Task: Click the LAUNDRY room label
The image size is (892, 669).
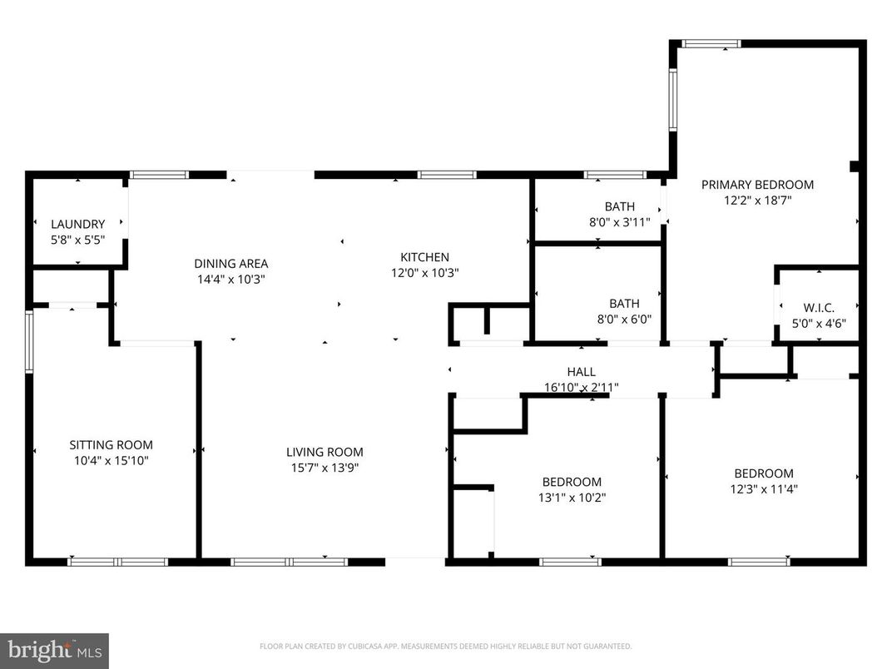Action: coord(77,224)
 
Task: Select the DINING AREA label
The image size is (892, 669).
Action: coord(230,264)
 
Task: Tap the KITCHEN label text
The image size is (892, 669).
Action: coord(424,257)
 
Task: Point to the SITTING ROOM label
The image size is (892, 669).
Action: coord(111,445)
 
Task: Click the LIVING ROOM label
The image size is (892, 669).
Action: coord(325,452)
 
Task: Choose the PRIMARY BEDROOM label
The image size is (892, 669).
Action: coord(757,185)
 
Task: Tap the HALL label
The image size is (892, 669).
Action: coord(581,372)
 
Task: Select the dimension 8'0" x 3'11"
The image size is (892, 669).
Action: coord(619,222)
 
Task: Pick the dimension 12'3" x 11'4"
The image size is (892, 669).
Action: coord(763,489)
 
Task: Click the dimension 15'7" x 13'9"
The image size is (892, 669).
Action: coord(325,467)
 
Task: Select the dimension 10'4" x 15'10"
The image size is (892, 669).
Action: coord(111,460)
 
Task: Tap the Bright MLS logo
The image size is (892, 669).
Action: coord(54,649)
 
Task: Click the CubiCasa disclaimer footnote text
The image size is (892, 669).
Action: coord(445,646)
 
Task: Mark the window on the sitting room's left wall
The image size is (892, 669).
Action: coord(29,340)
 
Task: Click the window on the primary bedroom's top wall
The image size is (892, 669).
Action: coord(711,43)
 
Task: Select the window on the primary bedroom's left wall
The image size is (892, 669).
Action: coord(673,100)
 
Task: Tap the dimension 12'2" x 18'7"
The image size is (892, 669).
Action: coord(757,200)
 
